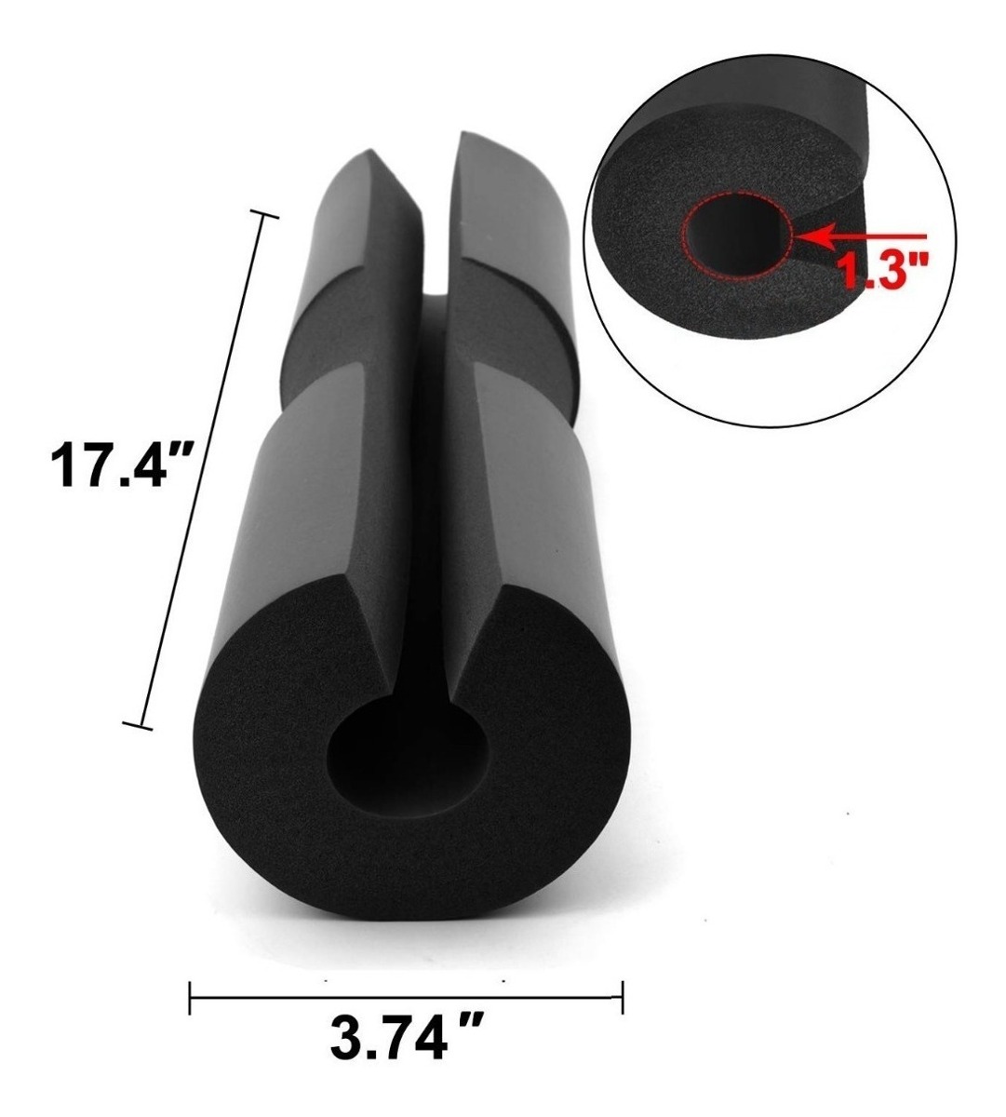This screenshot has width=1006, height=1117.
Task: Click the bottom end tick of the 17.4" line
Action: (138, 724)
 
